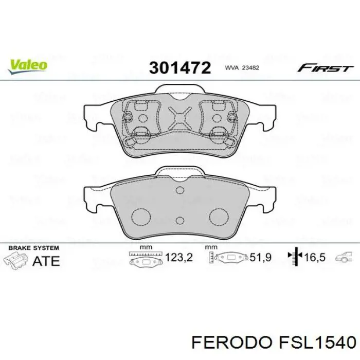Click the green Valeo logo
[27, 65]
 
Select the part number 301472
[179, 68]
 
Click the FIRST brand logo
[325, 68]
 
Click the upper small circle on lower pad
[179, 191]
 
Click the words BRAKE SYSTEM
[31, 248]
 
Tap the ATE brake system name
[46, 260]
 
